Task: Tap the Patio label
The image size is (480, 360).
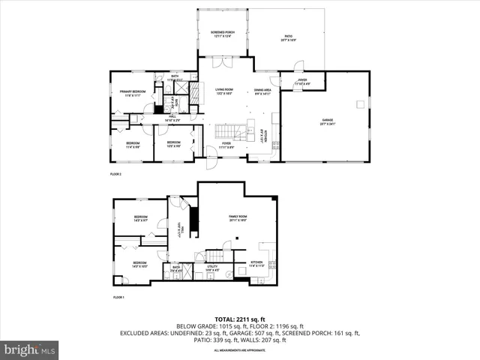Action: pyautogui.click(x=288, y=37)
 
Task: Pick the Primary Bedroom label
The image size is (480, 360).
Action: pyautogui.click(x=131, y=94)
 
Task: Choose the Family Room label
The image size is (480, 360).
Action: pyautogui.click(x=238, y=218)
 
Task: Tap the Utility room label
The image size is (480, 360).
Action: pyautogui.click(x=211, y=267)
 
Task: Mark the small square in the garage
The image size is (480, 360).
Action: pyautogui.click(x=360, y=103)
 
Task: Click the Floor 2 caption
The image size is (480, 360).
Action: pyautogui.click(x=115, y=174)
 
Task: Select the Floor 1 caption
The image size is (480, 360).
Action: pyautogui.click(x=118, y=298)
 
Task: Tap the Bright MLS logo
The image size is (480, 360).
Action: pyautogui.click(x=30, y=349)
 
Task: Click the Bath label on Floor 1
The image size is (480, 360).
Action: pyautogui.click(x=176, y=268)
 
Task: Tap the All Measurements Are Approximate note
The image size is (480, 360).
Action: pyautogui.click(x=240, y=350)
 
